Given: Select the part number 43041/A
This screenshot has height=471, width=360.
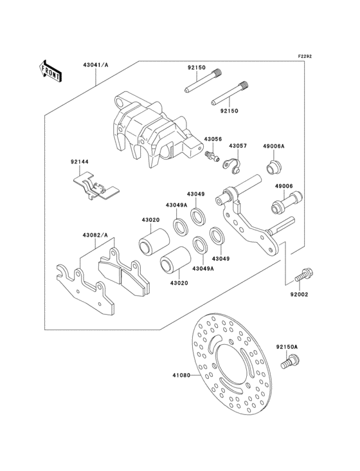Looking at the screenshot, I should point(95,66).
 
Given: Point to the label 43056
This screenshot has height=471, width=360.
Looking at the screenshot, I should point(213,139).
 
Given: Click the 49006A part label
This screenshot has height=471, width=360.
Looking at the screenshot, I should point(273,147).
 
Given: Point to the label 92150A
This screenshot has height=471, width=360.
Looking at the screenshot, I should point(287,347).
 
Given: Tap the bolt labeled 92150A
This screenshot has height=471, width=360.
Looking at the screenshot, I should point(288,363).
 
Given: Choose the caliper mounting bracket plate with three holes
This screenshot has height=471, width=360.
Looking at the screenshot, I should point(248,225).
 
